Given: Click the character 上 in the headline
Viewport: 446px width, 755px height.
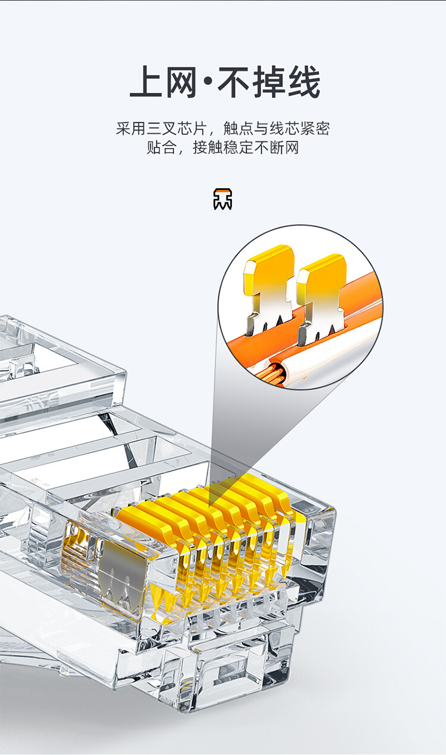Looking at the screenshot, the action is point(146,82).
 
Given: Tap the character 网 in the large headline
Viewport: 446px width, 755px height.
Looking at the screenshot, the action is point(181,82).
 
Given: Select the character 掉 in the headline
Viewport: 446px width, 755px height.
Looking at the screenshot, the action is point(269,82).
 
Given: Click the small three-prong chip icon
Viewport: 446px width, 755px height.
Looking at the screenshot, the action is point(222,199).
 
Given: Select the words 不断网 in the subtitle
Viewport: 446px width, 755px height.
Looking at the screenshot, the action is point(277,147).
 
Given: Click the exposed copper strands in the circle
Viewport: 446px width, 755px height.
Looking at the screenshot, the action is point(274,373).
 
